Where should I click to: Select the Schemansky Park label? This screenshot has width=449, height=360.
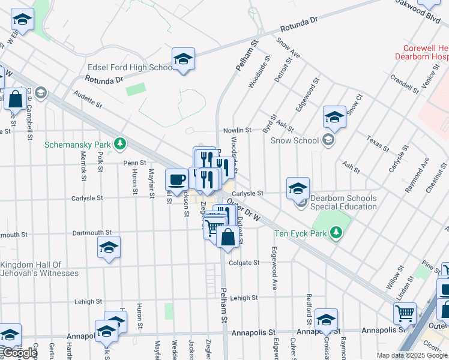pos(78,145)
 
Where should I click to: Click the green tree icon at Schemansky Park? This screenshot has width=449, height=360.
pos(121,143)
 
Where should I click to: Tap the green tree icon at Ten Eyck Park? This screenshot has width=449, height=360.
pos(337,232)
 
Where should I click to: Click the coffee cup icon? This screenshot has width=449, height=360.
pos(177,179)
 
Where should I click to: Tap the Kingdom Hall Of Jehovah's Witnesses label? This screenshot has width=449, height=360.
pos(40,269)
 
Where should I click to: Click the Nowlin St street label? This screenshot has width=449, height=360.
pos(237,130)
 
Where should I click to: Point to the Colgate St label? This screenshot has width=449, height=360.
pos(244,263)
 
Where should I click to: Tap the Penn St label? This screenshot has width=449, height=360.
pos(134,163)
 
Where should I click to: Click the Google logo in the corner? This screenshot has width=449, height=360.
pos(20,353)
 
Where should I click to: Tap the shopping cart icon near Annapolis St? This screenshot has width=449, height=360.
pos(405,313)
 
